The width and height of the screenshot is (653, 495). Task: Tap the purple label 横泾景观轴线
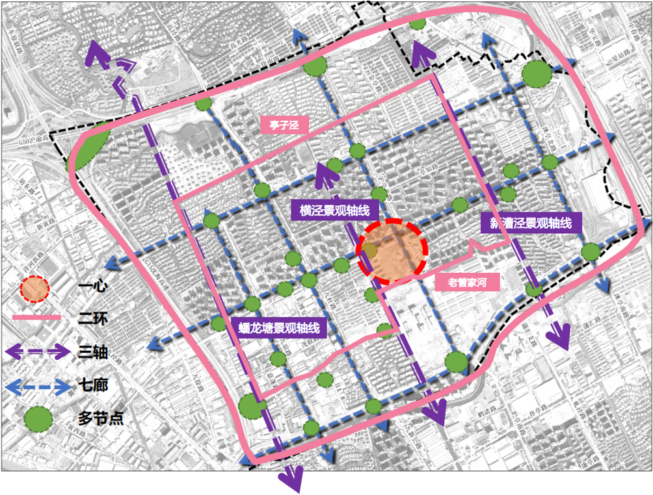(x=334, y=210)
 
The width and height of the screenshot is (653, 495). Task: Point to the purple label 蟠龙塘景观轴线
(x=278, y=328)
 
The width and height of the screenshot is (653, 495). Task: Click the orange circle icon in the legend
(x=34, y=290)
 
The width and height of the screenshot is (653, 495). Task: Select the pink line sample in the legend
(x=36, y=318)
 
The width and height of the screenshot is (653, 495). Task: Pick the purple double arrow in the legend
(x=36, y=353)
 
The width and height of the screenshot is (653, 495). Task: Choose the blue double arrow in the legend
(x=36, y=387)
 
